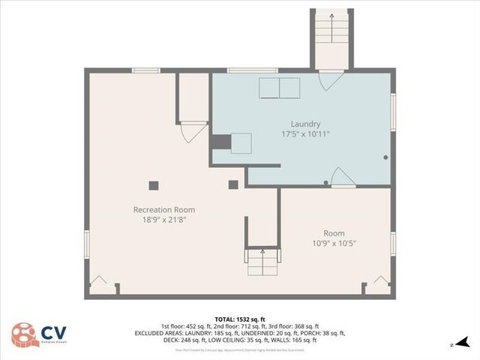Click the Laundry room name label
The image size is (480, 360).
pos(306,124)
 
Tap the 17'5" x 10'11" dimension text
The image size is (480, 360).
pos(306,134)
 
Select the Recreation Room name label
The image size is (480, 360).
pos(163,209)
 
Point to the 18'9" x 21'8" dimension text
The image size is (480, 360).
pos(163,220)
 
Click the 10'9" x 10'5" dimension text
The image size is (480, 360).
pos(334,244)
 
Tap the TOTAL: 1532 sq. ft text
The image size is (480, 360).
pos(239,319)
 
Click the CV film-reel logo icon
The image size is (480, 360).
pos(23,335)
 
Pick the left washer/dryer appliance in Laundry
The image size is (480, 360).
pos(269,88)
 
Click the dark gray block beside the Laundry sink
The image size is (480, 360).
pos(220,142)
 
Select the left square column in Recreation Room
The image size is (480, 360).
pos(154,185)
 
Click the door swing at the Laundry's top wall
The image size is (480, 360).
pos(331,81)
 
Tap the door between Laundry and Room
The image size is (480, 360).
pos(342,178)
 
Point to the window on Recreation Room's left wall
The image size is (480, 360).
pos(87,242)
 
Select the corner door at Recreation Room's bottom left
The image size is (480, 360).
pos(98,284)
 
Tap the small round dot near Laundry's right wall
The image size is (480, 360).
pos(385,157)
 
